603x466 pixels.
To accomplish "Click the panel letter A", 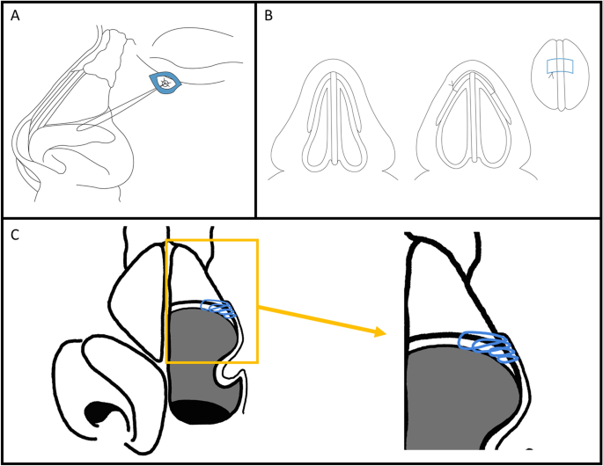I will click(x=16, y=16).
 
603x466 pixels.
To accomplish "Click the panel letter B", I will click(x=269, y=16).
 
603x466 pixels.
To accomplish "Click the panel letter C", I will click(x=16, y=235).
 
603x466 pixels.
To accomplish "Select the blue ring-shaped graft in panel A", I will click(x=165, y=84).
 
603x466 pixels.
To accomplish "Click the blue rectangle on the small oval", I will click(x=559, y=66).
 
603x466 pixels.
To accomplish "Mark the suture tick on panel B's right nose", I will click(x=452, y=86).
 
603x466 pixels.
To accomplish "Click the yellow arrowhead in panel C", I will click(x=380, y=332).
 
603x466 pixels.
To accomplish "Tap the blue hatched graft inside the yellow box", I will click(x=220, y=308).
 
